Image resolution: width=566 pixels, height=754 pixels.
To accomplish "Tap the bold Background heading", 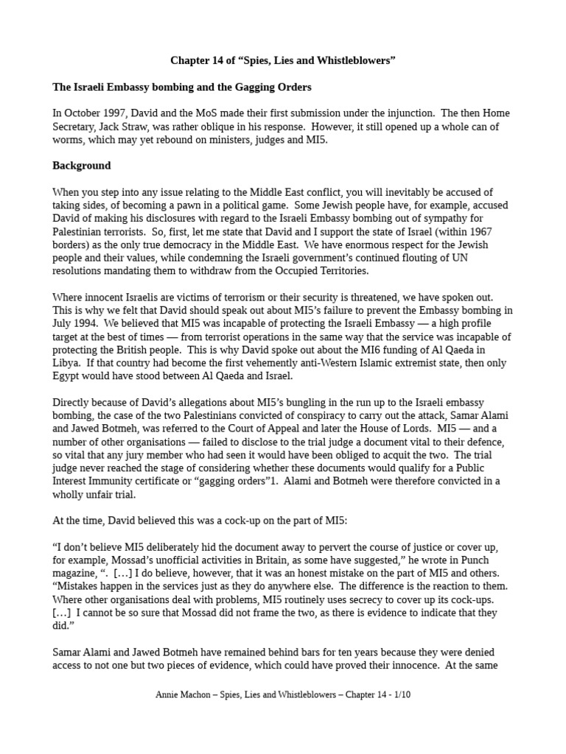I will pos(81,166).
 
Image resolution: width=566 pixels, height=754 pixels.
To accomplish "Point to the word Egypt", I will pos(69,376).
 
